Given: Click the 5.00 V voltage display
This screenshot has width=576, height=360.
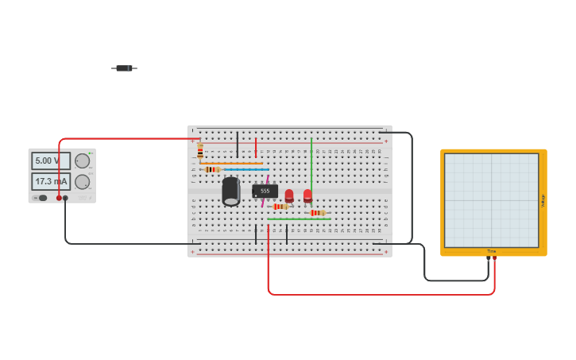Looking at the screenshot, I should tap(51, 161).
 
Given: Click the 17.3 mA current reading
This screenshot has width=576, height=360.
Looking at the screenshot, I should tap(51, 182).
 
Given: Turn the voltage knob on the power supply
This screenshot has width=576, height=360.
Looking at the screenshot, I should tap(82, 161).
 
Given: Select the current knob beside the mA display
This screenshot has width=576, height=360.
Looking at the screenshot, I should tap(82, 182).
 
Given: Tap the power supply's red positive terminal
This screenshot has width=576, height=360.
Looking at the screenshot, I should tap(59, 198).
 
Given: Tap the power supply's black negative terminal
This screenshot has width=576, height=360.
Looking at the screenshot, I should tap(66, 198).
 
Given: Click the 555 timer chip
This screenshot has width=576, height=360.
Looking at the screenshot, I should tap(265, 191).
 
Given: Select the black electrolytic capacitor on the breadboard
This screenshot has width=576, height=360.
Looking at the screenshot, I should tap(231, 192).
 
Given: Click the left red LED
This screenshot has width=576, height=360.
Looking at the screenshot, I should tap(289, 195).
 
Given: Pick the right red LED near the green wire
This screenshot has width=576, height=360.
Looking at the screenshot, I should tap(307, 195).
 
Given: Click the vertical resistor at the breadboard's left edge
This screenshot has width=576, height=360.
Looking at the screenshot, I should tap(199, 150).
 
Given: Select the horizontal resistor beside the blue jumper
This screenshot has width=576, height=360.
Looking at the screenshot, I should tap(212, 169).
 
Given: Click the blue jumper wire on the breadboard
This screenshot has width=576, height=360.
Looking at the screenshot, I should tap(246, 169).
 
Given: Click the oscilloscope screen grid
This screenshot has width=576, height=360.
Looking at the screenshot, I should tap(491, 199).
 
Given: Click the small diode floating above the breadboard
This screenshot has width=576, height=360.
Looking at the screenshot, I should tap(124, 68).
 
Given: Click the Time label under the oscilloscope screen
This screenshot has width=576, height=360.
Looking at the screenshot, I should tap(491, 251).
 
